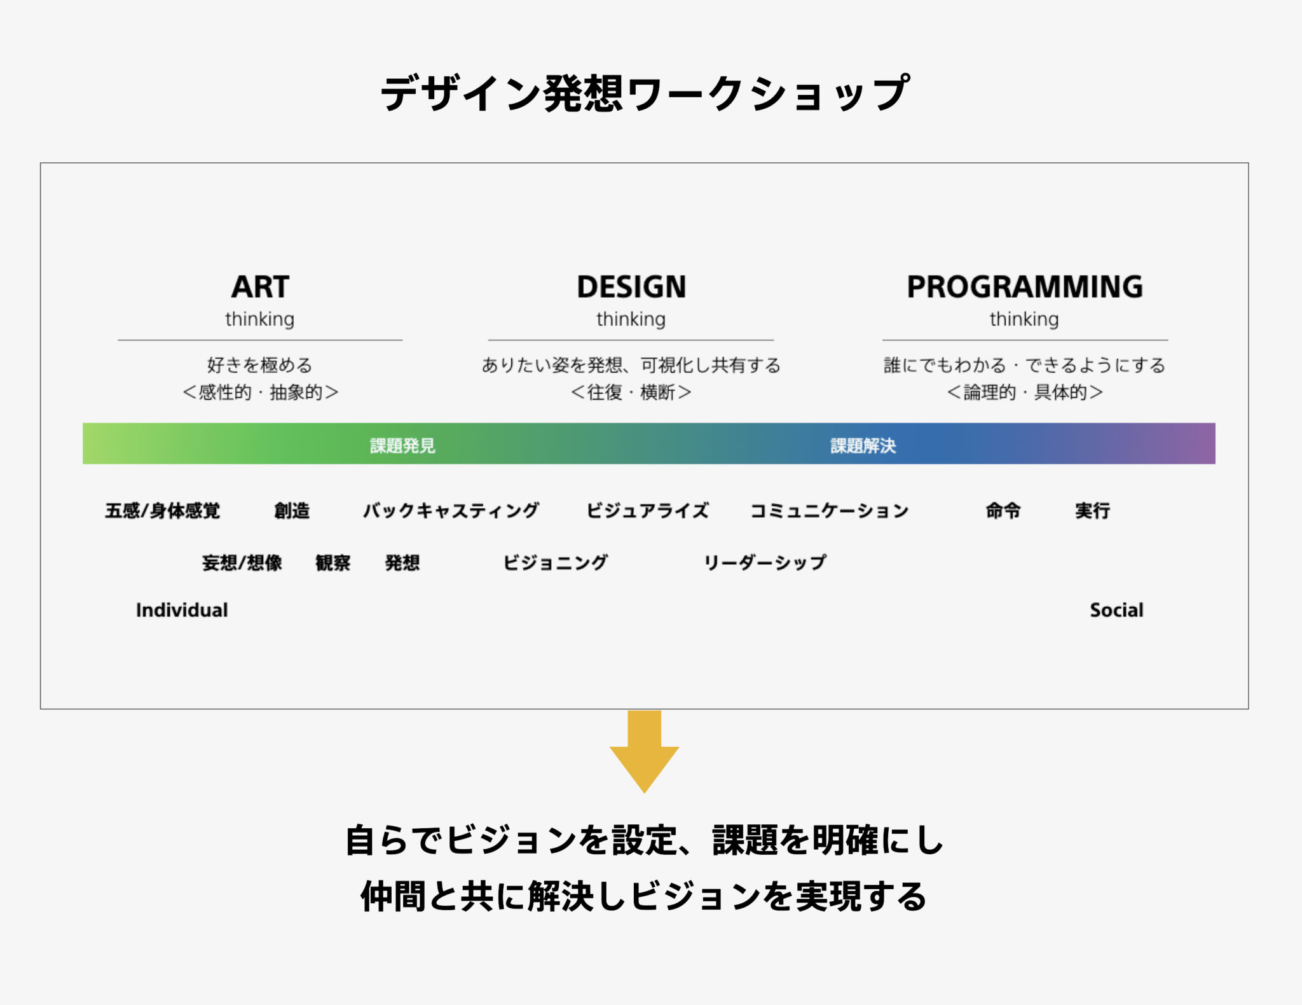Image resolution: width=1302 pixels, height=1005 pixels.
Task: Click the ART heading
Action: pyautogui.click(x=260, y=287)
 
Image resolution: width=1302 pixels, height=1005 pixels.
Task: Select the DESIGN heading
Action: pyautogui.click(x=631, y=287)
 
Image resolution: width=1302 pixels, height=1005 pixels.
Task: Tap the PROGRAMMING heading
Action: pyautogui.click(x=1025, y=287)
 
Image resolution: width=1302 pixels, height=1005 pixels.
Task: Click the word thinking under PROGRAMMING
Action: pyautogui.click(x=1024, y=319)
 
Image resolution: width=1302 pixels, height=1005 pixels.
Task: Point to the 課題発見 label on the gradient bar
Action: pyautogui.click(x=402, y=445)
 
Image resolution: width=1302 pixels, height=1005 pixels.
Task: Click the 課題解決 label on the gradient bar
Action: pyautogui.click(x=863, y=445)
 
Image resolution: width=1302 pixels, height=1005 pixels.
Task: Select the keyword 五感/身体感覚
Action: pyautogui.click(x=163, y=511)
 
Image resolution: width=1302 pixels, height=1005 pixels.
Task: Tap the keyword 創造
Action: pyautogui.click(x=292, y=511)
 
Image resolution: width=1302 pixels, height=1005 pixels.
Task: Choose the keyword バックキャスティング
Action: pyautogui.click(x=451, y=511)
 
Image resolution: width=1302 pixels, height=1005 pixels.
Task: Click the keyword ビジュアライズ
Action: pyautogui.click(x=647, y=511)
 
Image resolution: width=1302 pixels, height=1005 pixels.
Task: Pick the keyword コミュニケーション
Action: pyautogui.click(x=830, y=511)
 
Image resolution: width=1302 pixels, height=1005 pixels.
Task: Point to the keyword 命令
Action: pyautogui.click(x=1003, y=511)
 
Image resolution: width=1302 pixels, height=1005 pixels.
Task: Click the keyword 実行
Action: pyautogui.click(x=1092, y=511)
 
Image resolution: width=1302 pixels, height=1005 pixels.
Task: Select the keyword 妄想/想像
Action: pyautogui.click(x=242, y=563)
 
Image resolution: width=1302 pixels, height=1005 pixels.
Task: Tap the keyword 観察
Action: pyautogui.click(x=333, y=563)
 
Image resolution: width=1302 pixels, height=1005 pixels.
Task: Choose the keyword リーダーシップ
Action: pyautogui.click(x=765, y=563)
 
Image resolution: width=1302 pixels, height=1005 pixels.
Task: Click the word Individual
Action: pyautogui.click(x=182, y=610)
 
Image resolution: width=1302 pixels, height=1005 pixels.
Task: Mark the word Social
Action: pyautogui.click(x=1117, y=610)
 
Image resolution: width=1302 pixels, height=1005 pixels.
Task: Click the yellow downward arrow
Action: pyautogui.click(x=644, y=751)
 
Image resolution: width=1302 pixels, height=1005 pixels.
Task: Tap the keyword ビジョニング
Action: pyautogui.click(x=555, y=563)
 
